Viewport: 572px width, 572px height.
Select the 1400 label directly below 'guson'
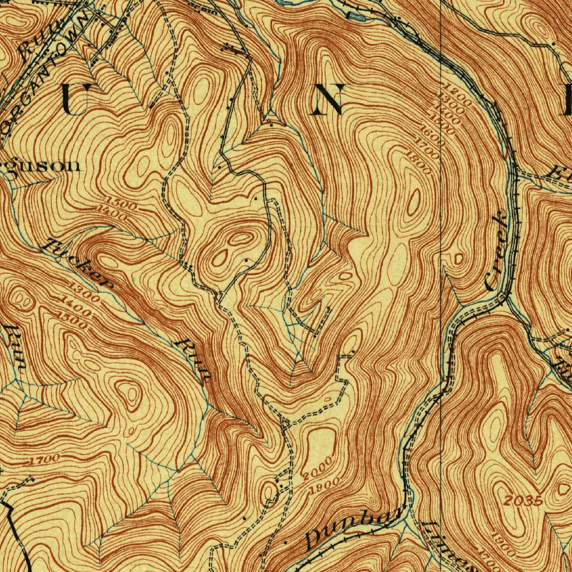pos(111,211)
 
